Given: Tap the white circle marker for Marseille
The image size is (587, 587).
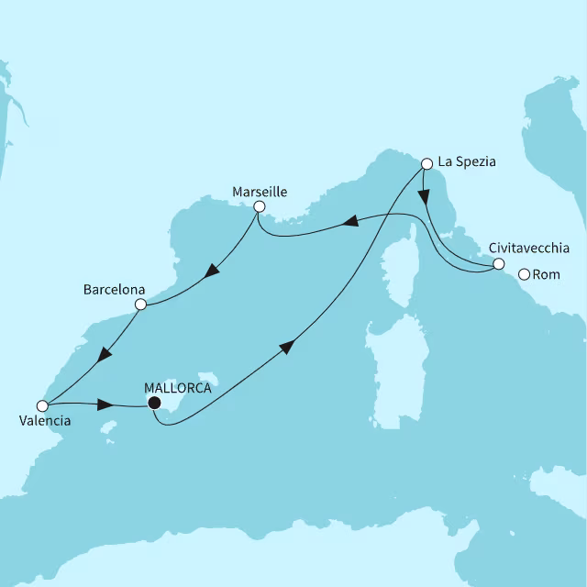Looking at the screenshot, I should pos(260,207).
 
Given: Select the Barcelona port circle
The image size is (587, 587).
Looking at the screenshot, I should pos(140,305).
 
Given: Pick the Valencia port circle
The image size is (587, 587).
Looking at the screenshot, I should pos(41,405).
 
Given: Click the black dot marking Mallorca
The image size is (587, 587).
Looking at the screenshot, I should pos(154,403).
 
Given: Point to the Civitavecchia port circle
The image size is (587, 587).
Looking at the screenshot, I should pos(498,264).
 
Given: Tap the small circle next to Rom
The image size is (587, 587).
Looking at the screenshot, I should pos(525,273).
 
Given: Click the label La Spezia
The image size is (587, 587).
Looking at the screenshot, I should pos(467,162).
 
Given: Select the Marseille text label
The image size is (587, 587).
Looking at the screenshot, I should pos(260,192).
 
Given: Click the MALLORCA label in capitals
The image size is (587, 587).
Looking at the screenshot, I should pos(179,388).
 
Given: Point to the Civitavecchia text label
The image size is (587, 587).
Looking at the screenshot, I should pos(529,249).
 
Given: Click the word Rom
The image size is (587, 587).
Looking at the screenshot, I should pos(546,273).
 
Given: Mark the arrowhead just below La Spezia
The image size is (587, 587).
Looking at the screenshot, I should pos(425,194).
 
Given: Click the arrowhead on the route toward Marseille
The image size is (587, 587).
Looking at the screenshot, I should pos(349,221).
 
